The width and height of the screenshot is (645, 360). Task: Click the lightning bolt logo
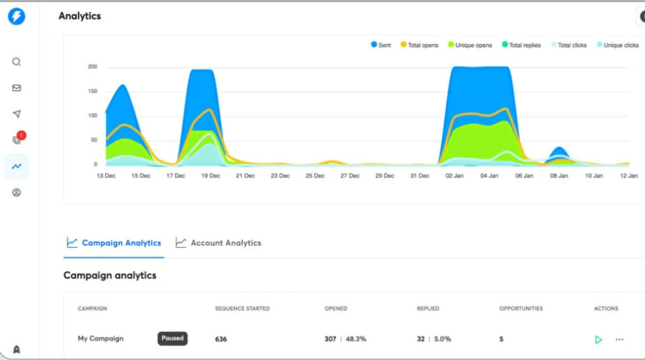16,17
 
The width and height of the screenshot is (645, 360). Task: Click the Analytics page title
79,16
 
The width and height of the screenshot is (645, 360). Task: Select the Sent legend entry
381,45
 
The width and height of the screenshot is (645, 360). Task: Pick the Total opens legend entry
419,45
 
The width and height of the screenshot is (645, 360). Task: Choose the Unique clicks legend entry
618,45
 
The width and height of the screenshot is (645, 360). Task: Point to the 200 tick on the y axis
92,67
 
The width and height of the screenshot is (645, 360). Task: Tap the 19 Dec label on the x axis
210,176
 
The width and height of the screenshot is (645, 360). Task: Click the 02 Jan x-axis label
455,176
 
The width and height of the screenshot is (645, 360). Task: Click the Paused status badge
172,338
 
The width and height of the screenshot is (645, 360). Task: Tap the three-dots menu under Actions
619,340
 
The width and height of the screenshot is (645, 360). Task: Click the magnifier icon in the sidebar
17,61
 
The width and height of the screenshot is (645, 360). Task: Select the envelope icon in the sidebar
17,88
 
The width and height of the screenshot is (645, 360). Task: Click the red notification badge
22,135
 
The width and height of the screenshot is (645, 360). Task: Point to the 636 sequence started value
221,339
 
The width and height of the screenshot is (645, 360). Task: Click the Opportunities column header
521,308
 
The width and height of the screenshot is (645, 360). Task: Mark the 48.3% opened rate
355,339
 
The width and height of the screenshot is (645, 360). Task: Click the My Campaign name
100,338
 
